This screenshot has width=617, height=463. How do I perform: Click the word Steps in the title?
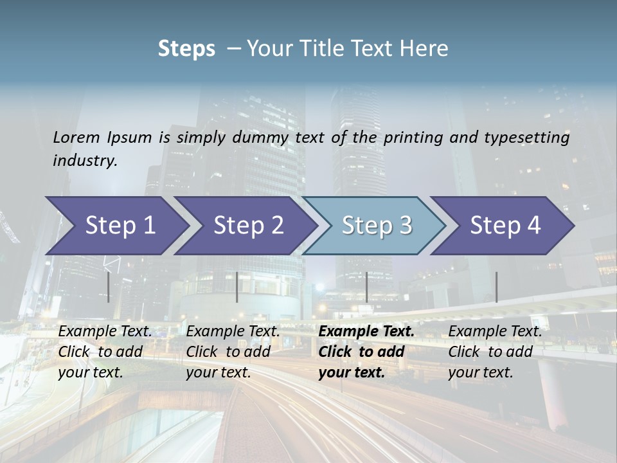coord(186,48)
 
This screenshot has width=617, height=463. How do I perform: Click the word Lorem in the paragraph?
coord(76,137)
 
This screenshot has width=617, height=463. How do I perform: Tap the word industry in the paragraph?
coord(85,160)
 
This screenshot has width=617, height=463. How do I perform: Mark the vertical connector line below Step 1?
coord(109,287)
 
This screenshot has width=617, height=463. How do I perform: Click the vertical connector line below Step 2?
coord(237,287)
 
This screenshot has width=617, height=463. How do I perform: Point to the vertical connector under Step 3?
coord(366,287)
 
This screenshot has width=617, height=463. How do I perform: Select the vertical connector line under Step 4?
coord(496,287)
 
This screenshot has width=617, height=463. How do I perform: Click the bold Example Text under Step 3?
coord(366,332)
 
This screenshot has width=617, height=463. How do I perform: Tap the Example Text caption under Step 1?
coord(105,332)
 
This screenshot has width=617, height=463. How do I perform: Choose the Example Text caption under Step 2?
coord(233,332)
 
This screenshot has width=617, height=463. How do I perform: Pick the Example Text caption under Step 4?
coord(495,332)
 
